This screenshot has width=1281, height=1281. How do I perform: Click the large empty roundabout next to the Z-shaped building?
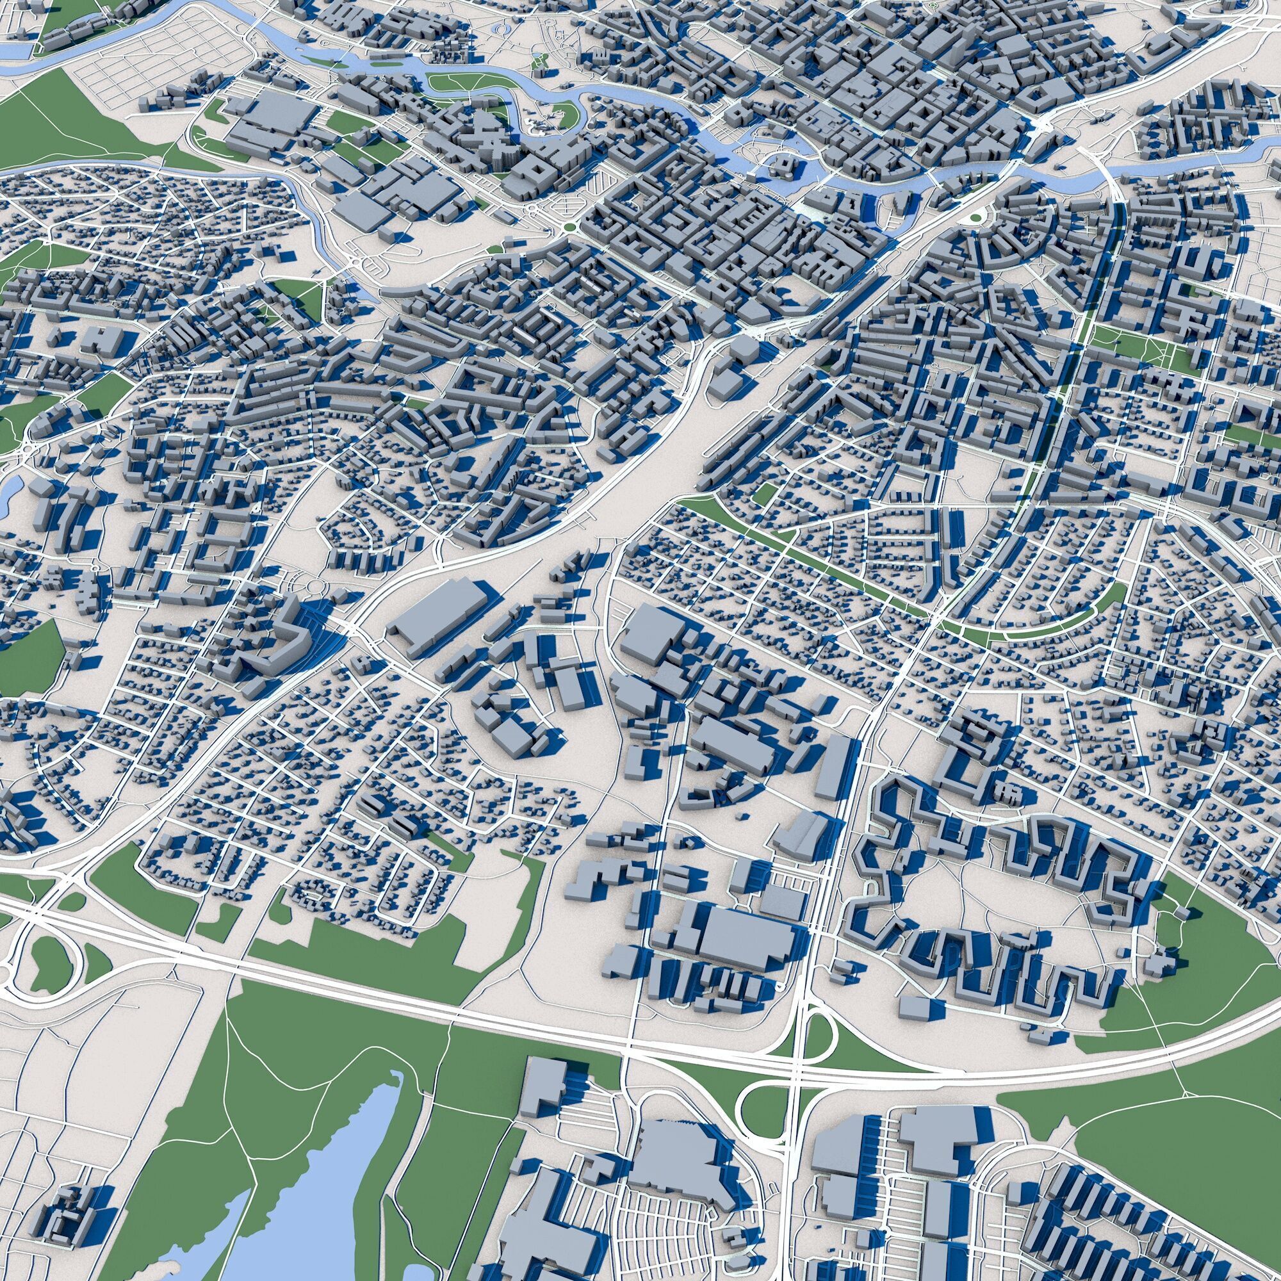317,587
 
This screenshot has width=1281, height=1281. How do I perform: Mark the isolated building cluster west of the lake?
67,1193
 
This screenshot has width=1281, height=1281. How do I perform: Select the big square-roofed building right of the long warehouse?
646,630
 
